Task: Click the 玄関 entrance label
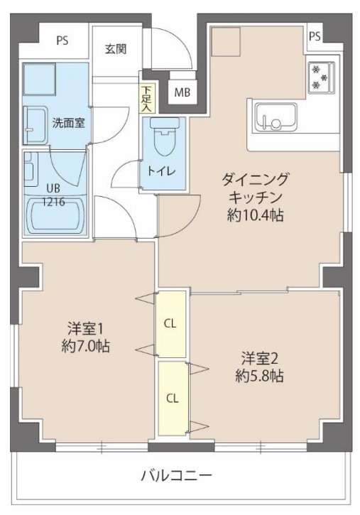click(116, 49)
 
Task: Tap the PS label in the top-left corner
click(63, 41)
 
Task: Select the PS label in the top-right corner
click(315, 36)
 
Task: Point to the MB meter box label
click(182, 91)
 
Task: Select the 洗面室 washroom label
click(67, 121)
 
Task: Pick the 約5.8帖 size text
click(260, 376)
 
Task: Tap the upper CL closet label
click(170, 324)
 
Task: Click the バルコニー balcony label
click(176, 475)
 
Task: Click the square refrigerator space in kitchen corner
click(228, 43)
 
